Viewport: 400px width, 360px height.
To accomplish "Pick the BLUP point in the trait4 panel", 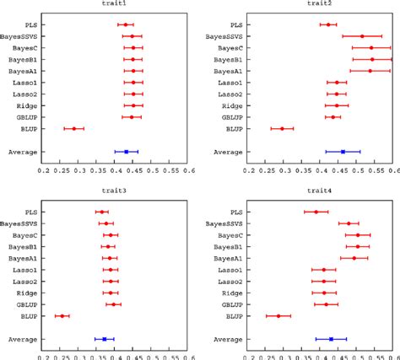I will pyautogui.click(x=278, y=315).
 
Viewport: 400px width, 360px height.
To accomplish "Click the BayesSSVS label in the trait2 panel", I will pyautogui.click(x=224, y=36).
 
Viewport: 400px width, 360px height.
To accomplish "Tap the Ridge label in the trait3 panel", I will pyautogui.click(x=23, y=293).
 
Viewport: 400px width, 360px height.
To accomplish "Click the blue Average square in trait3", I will pyautogui.click(x=104, y=339).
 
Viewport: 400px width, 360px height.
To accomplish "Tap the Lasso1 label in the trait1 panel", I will pyautogui.click(x=23, y=83).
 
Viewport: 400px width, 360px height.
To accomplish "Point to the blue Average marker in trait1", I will pyautogui.click(x=126, y=152).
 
